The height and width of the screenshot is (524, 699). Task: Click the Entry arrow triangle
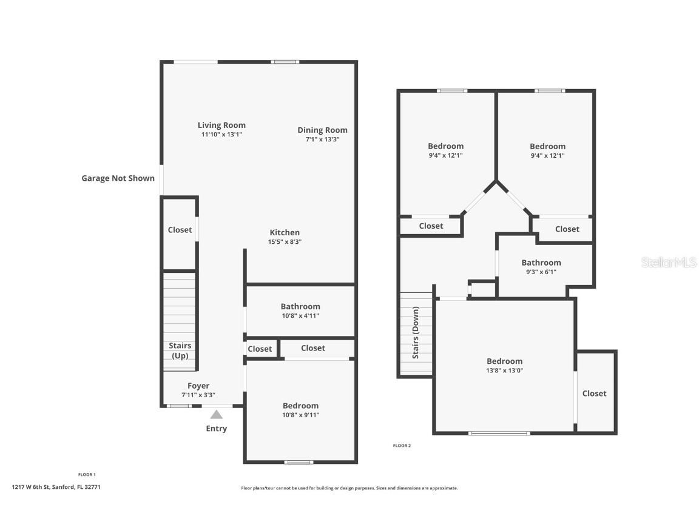click(x=216, y=415)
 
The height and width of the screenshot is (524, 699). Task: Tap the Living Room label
click(x=221, y=125)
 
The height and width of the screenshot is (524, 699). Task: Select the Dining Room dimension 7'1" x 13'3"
click(x=322, y=139)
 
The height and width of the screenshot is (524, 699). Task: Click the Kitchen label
click(x=285, y=233)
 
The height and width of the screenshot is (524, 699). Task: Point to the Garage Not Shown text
click(x=118, y=178)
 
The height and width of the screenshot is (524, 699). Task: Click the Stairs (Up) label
click(x=180, y=351)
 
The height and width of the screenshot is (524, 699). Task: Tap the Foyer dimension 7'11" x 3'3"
click(x=198, y=395)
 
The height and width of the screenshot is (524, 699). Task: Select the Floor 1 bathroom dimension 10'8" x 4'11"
click(x=300, y=316)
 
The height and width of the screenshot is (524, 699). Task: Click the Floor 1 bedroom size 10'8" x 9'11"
click(x=300, y=415)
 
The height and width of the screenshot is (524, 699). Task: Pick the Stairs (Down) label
click(x=416, y=332)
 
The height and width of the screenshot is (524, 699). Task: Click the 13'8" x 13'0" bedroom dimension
click(x=505, y=371)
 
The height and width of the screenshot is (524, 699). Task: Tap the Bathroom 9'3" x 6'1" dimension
click(x=541, y=272)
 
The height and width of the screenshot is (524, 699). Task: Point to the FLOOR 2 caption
click(x=402, y=446)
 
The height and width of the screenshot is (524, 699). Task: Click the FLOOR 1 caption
click(x=87, y=475)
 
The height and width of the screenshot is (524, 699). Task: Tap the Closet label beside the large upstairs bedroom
click(x=594, y=394)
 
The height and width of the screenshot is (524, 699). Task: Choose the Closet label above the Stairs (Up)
click(x=180, y=230)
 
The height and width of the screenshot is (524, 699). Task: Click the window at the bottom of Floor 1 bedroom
click(x=299, y=462)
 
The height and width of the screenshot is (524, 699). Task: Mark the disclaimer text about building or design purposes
click(x=349, y=488)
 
